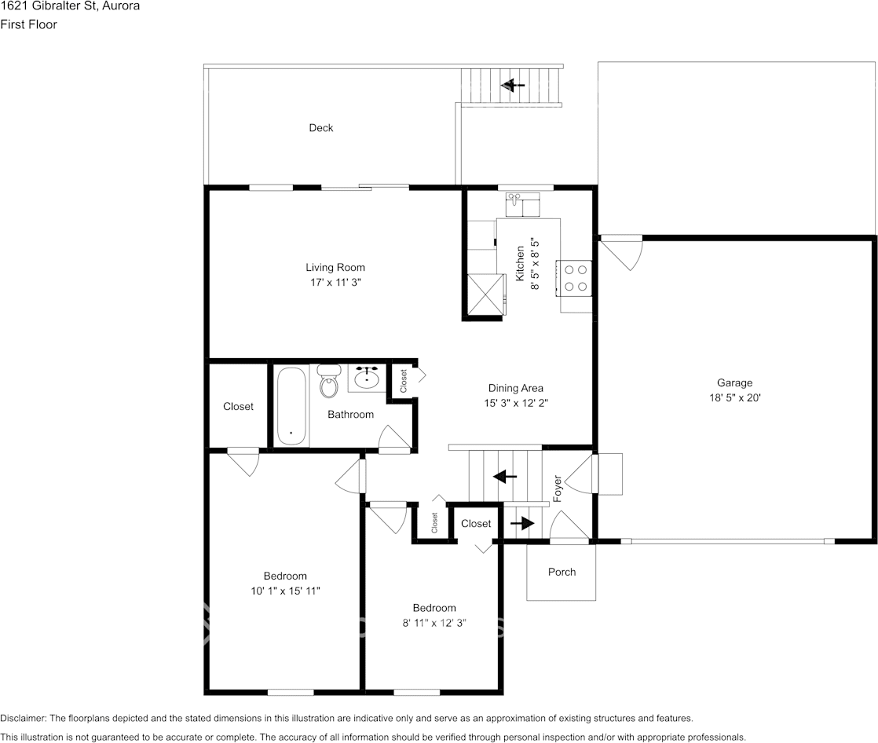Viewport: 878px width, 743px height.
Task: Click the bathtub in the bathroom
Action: [x=291, y=406]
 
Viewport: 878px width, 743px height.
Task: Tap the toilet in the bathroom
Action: [x=328, y=382]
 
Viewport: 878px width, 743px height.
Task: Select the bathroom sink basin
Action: [x=367, y=379]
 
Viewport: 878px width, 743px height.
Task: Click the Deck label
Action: [x=320, y=128]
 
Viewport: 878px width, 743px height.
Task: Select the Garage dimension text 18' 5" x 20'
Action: [x=733, y=398]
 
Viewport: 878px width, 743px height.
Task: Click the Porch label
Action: [x=562, y=572]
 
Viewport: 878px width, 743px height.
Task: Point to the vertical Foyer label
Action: [x=558, y=489]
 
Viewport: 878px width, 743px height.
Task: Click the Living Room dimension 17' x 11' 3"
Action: [x=335, y=283]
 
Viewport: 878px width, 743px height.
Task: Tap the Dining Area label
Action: [x=515, y=388]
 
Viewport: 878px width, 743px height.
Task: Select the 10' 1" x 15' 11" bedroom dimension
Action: [x=285, y=591]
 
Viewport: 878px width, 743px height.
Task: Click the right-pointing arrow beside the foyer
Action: [x=521, y=522]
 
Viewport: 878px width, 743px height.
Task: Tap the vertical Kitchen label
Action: [x=520, y=263]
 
